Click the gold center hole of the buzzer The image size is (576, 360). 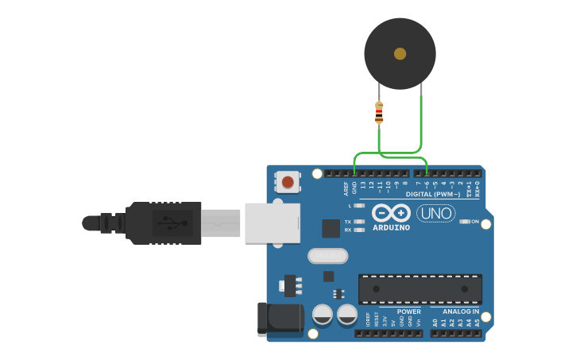tap(400, 54)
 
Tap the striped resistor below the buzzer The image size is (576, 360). tap(379, 114)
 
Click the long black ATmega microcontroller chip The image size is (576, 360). tap(419, 288)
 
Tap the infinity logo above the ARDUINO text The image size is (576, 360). tap(392, 213)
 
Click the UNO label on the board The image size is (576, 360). tap(435, 213)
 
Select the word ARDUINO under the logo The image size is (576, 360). tap(392, 228)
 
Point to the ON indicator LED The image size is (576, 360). tap(466, 222)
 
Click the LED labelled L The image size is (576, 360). tap(359, 205)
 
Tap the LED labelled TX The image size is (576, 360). tap(359, 222)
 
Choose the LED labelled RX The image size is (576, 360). tap(359, 230)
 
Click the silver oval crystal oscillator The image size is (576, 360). tap(327, 256)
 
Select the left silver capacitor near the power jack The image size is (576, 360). tap(322, 314)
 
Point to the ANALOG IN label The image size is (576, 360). tap(461, 312)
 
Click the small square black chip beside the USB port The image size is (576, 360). tap(331, 228)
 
